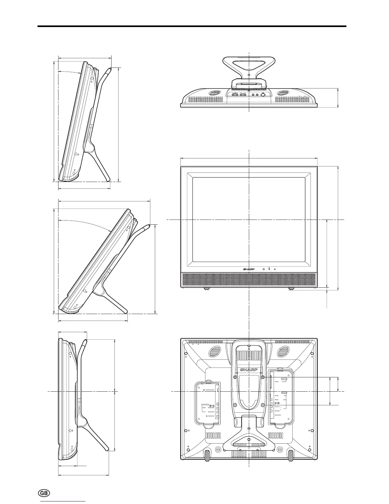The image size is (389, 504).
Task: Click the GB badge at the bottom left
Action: pos(44,492)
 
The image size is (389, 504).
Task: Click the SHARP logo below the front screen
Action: pos(249,269)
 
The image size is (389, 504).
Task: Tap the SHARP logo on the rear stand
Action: pos(249,370)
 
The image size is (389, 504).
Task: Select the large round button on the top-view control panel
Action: pos(263,94)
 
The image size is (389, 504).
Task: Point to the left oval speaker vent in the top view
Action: pos(215,93)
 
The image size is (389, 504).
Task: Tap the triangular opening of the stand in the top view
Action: pos(249,67)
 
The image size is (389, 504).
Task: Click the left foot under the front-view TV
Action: pos(207,288)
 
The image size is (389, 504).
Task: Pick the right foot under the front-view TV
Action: pos(291,288)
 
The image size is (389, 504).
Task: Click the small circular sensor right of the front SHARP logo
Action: pos(264,269)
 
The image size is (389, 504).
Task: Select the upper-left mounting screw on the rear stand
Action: pos(235,377)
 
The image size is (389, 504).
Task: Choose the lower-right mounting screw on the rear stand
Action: pos(263,405)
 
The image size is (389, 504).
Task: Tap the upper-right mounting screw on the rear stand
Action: pos(263,377)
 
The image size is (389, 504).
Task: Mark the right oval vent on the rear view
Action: pos(282,352)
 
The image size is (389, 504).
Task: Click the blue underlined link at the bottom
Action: pos(63,502)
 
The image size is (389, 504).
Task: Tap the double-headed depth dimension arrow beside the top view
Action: pos(338,98)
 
